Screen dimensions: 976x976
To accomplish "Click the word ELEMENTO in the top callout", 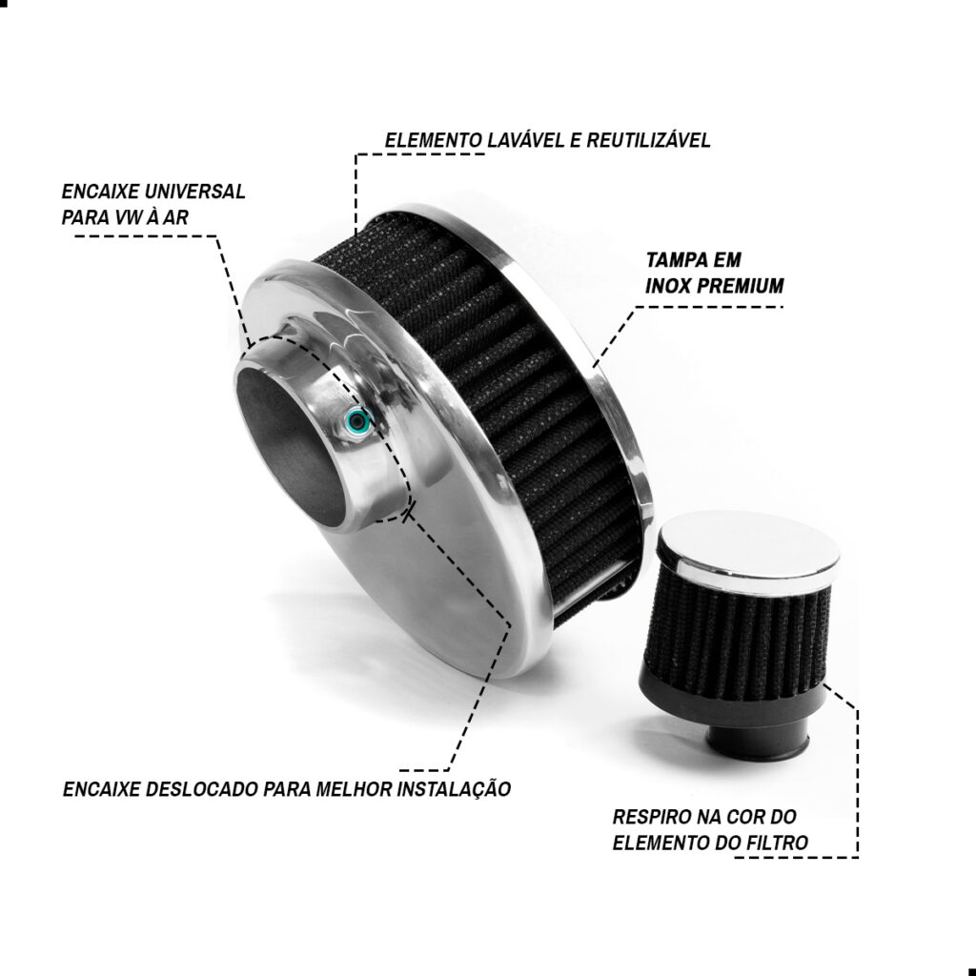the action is tap(434, 140).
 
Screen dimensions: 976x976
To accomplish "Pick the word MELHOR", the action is tap(354, 789).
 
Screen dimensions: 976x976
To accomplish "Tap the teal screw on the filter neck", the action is tap(357, 421).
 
